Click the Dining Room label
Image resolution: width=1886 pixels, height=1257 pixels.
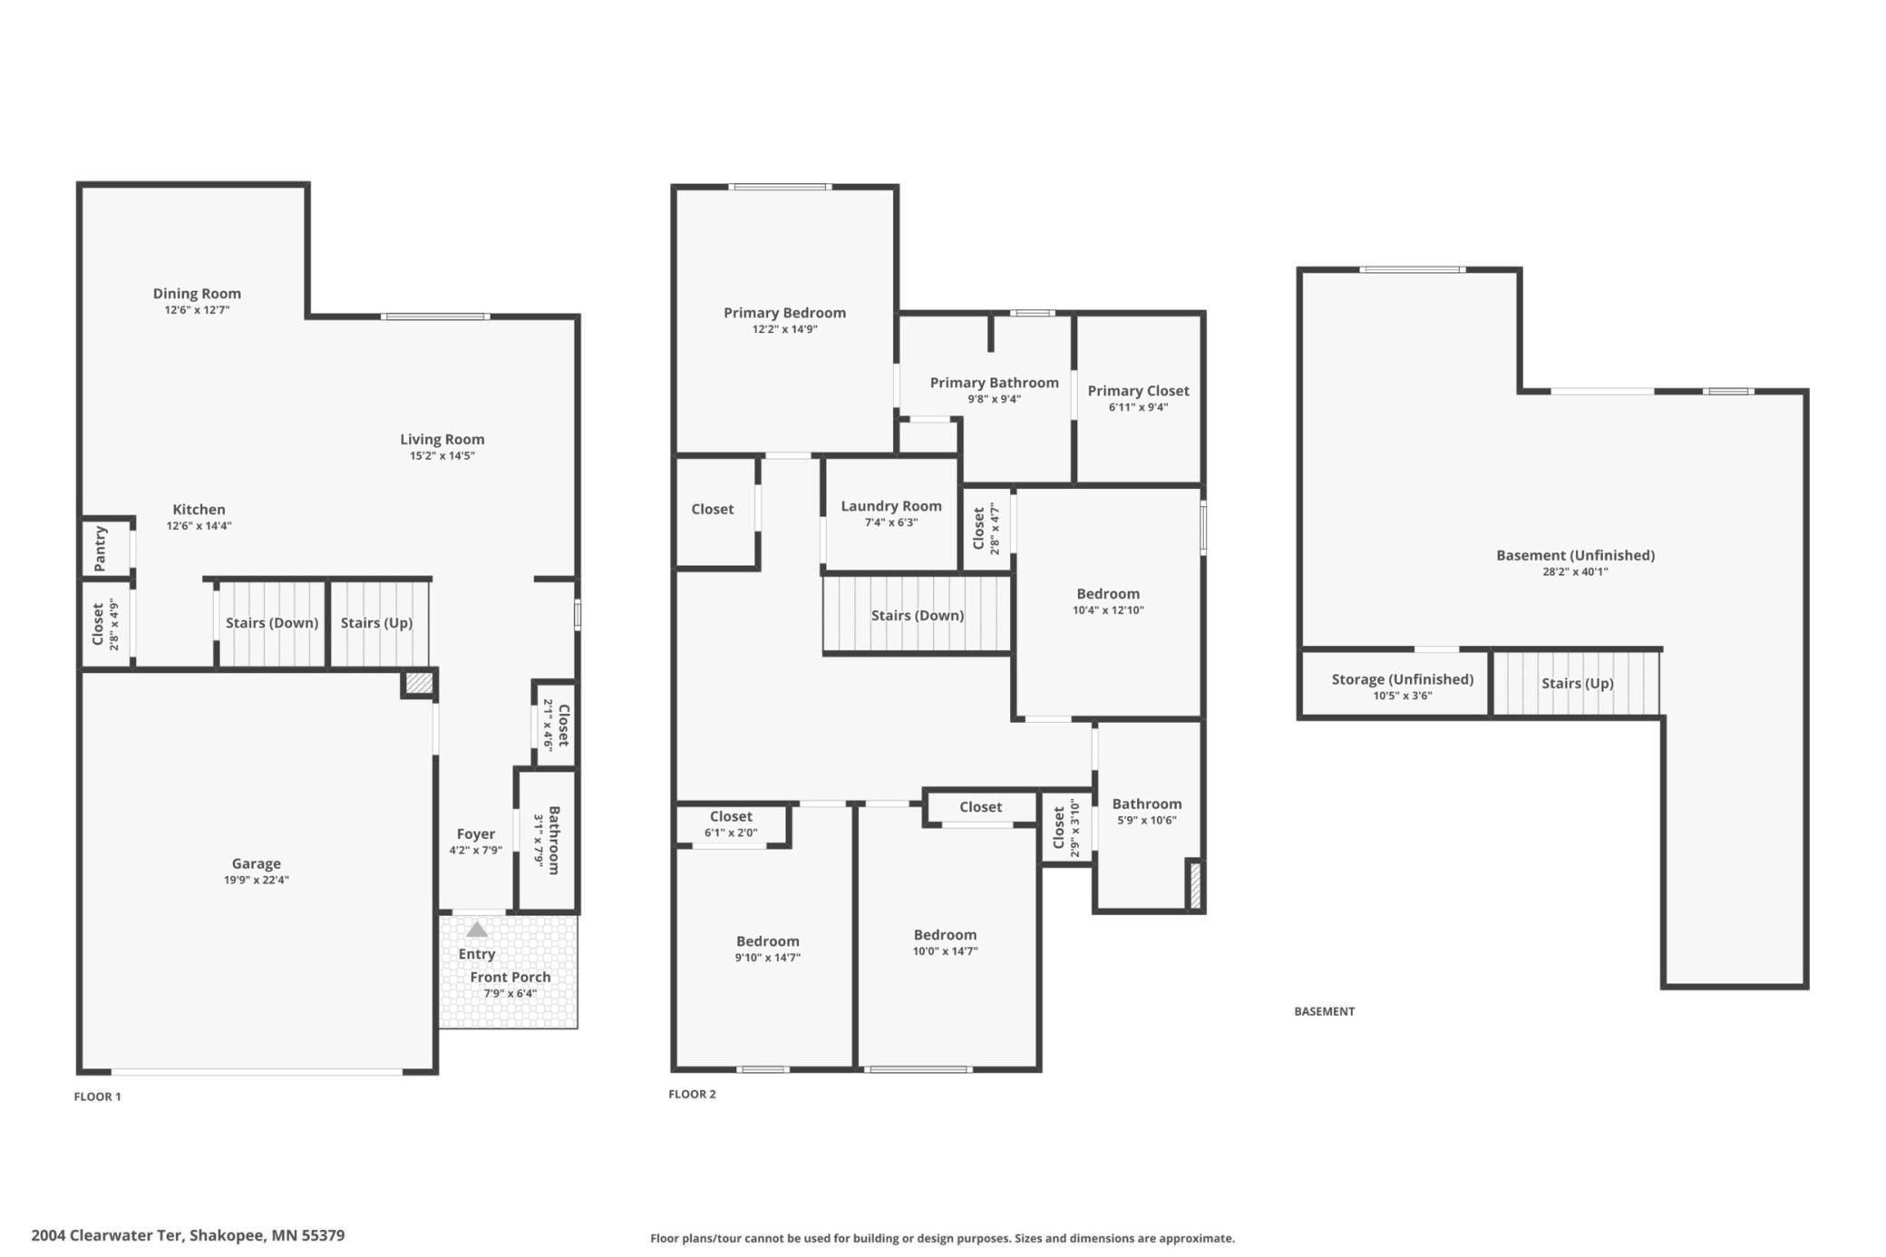point(197,293)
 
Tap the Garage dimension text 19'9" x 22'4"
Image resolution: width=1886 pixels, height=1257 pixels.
point(257,880)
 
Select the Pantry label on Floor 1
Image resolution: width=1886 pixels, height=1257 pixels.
point(101,548)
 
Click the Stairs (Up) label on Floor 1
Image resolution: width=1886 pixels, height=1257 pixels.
point(376,623)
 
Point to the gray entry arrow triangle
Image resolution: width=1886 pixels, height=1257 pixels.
point(477,930)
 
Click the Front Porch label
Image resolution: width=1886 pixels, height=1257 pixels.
point(510,977)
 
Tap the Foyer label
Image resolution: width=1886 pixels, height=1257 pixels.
point(476,833)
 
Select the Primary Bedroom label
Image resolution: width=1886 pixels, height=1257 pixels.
point(785,313)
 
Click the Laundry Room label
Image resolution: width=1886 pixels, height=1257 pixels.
point(891,506)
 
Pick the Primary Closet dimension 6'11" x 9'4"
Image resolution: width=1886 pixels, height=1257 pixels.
point(1139,407)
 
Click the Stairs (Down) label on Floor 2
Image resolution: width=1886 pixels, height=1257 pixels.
point(918,616)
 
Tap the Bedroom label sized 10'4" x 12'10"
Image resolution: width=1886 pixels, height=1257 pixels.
point(1108,594)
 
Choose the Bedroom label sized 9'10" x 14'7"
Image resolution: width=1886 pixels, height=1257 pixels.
point(768,941)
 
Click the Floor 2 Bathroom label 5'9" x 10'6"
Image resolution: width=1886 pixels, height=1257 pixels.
point(1147,804)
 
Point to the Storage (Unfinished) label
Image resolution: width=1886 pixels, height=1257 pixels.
point(1403,679)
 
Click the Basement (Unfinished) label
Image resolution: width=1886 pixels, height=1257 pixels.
point(1576,555)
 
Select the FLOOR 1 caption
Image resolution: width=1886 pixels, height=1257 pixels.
point(98,1096)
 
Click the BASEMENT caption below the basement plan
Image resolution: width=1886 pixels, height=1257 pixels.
point(1325,1011)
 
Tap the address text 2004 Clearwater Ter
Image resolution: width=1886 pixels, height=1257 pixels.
point(108,1235)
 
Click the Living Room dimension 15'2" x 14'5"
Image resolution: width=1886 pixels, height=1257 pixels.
point(442,456)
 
